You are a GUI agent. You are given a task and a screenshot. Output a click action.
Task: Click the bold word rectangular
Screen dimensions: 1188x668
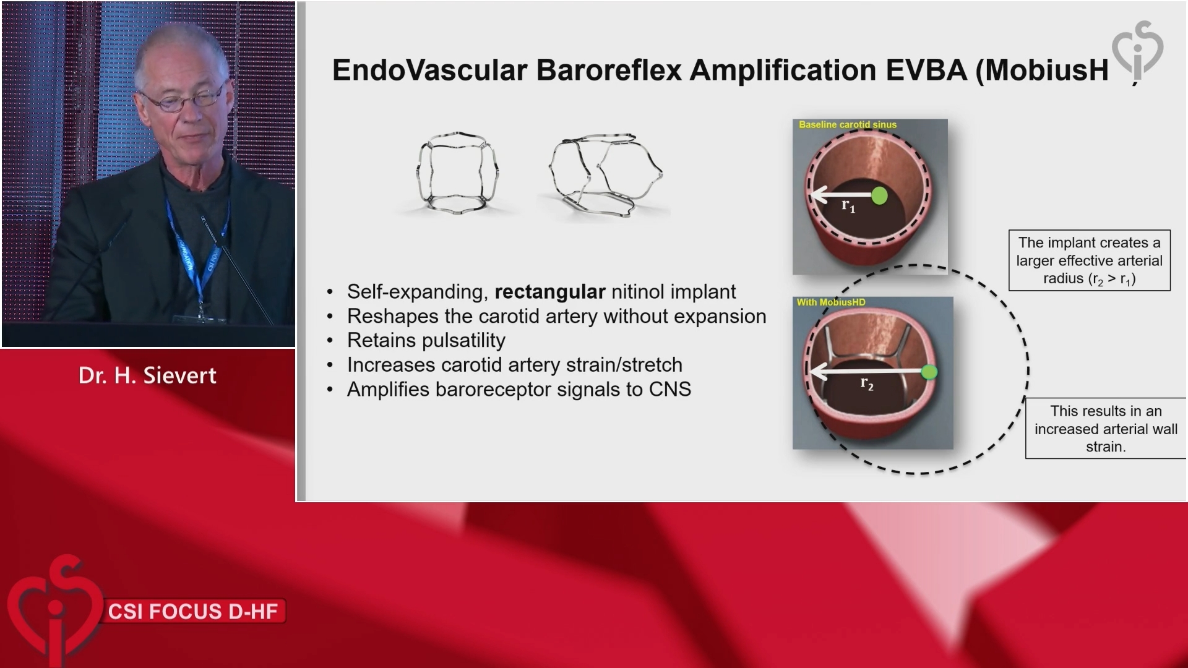coord(550,292)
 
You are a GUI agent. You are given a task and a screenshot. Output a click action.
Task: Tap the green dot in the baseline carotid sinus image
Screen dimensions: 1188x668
coord(879,196)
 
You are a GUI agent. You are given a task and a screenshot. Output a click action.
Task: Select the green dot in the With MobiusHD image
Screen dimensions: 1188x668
coord(929,372)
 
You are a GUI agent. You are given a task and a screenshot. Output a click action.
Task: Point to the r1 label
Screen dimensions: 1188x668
coord(848,206)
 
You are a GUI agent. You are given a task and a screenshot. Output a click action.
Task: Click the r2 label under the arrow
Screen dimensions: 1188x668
coord(867,384)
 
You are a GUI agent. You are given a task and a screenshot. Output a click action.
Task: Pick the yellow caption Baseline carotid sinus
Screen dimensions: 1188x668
coord(848,125)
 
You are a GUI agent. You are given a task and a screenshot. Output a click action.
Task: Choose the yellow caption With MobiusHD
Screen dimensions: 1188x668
coord(831,302)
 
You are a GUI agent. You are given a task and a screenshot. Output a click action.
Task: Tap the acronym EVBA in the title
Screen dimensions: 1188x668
coord(926,70)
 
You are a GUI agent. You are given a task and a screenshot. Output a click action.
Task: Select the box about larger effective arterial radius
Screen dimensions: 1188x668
coord(1090,260)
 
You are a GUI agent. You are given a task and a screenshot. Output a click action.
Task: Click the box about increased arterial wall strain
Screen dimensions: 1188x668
coord(1106,429)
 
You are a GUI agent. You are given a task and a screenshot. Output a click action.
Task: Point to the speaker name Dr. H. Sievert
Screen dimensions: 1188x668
coord(147,375)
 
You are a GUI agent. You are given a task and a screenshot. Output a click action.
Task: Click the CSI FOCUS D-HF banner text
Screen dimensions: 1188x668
coord(193,612)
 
